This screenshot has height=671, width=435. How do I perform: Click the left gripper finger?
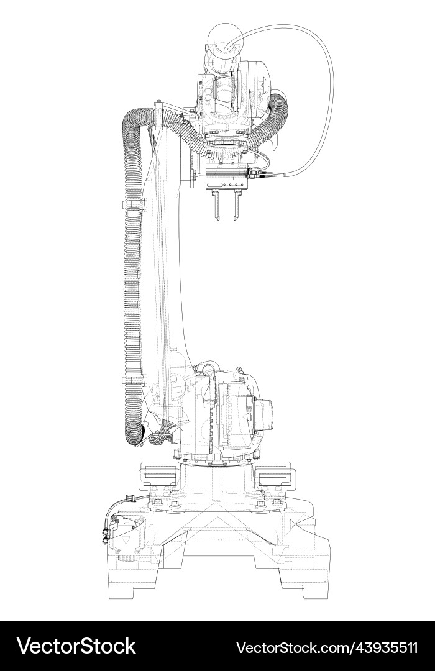(x=216, y=208)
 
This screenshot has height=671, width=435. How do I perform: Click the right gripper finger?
(x=234, y=208)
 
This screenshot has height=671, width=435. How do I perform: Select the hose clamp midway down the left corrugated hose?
(x=133, y=204)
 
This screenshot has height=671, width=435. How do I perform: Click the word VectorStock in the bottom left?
(x=76, y=646)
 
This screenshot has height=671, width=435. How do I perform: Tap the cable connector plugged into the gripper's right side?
(x=252, y=176)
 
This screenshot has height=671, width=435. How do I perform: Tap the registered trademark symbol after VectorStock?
(x=140, y=637)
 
